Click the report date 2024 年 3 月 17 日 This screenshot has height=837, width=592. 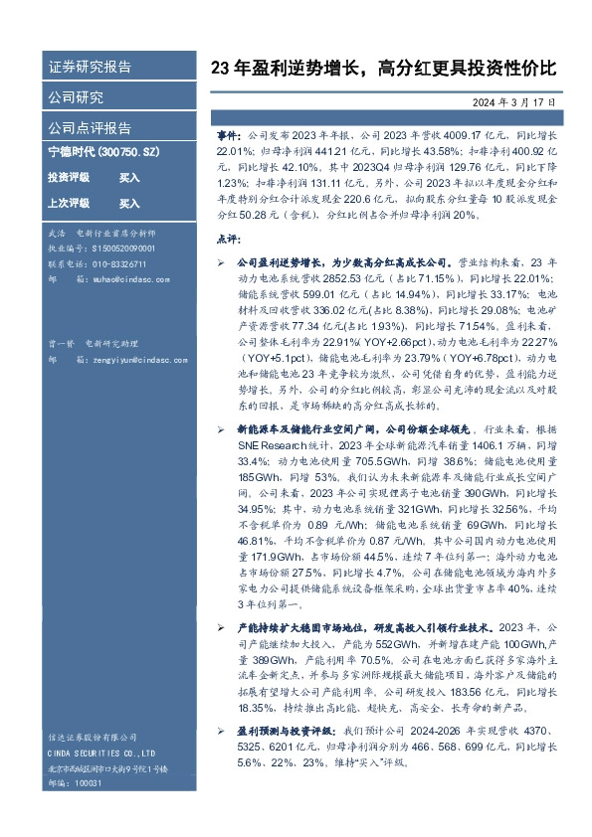(x=513, y=102)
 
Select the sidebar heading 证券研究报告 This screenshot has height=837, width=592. (x=90, y=68)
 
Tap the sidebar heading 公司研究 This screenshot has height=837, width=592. (x=76, y=97)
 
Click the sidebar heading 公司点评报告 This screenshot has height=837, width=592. (x=90, y=127)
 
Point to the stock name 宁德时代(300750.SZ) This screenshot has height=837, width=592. (x=100, y=155)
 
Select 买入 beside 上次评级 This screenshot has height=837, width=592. (x=129, y=203)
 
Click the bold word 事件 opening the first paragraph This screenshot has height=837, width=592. (x=228, y=131)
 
